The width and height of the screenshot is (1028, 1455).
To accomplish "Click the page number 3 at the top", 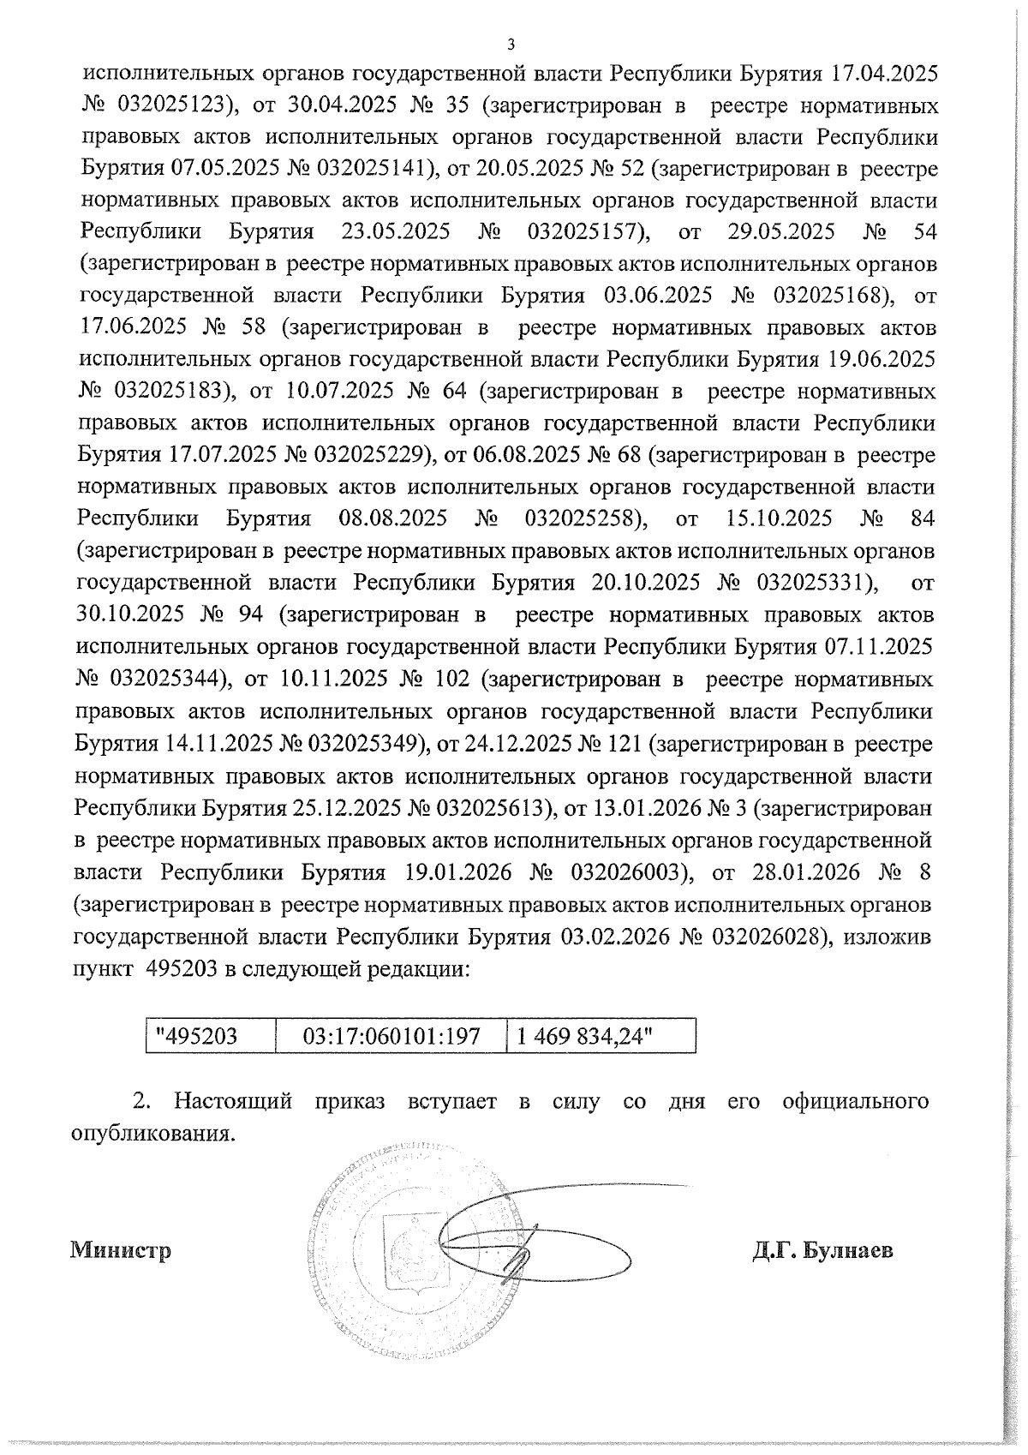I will (x=511, y=45).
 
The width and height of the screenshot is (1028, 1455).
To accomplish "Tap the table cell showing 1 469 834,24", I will (x=583, y=1035).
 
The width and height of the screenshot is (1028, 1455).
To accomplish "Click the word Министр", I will (x=121, y=1250).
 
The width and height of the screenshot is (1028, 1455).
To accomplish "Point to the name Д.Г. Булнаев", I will (x=822, y=1250).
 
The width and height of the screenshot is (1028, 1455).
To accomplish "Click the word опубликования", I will (x=152, y=1133).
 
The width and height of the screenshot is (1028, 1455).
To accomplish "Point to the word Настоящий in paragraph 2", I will (x=232, y=1101).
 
